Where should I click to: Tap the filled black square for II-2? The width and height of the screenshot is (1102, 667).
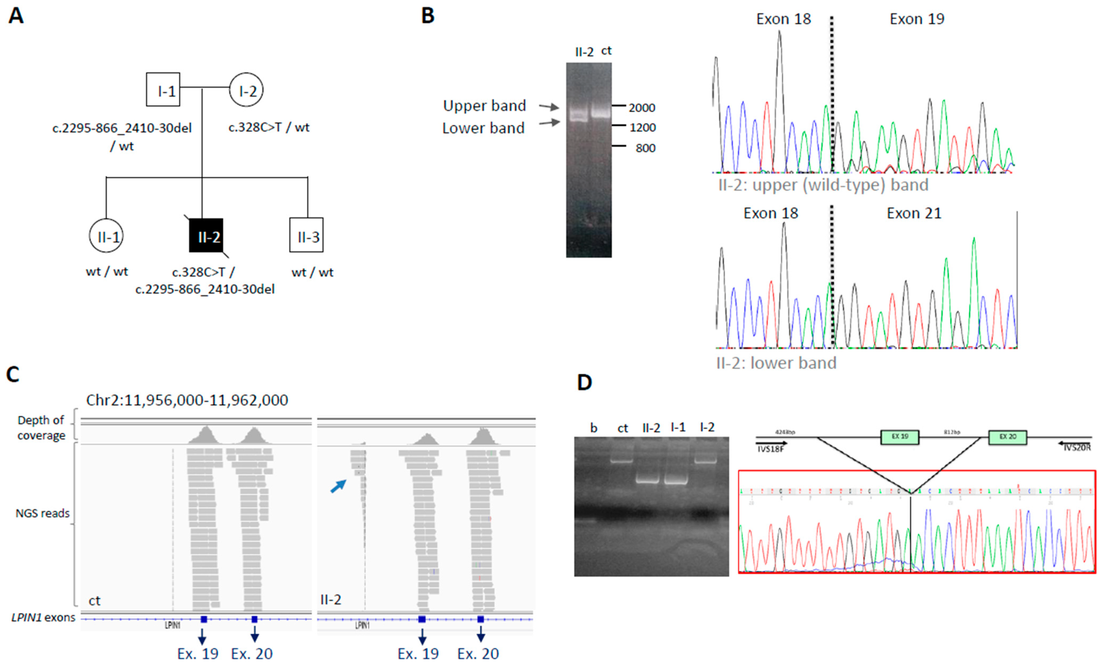206,236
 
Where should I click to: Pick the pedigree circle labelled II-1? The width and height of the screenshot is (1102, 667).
106,236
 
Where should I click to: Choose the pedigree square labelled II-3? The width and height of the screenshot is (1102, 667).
306,235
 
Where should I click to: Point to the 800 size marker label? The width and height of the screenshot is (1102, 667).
645,148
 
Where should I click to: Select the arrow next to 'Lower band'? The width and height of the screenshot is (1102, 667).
549,122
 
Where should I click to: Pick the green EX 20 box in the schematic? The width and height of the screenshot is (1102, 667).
1008,437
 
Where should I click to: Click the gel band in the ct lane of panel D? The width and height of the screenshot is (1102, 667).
622,461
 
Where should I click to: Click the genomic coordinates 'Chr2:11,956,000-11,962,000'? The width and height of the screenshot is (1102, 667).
187,400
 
